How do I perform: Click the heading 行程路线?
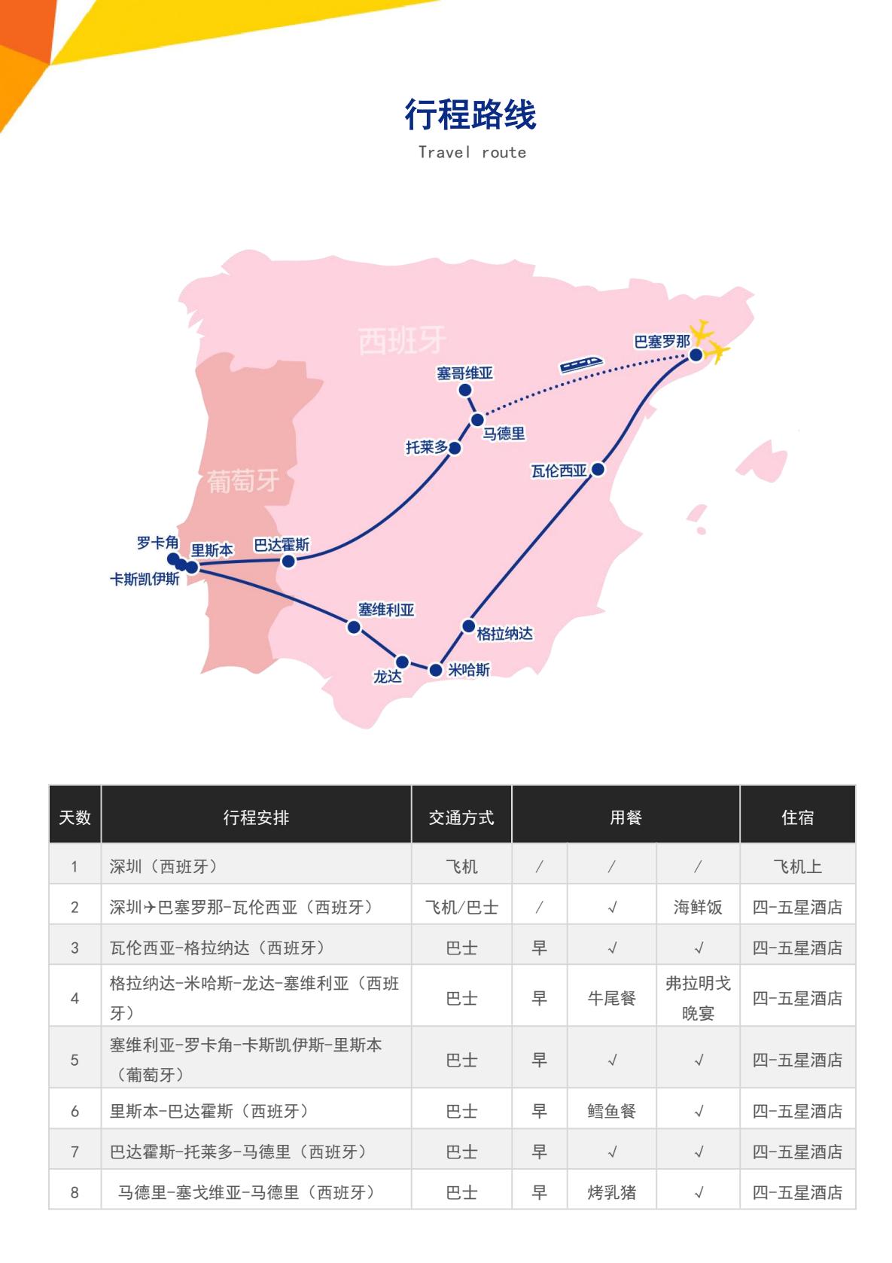(470, 115)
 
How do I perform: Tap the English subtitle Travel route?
(472, 153)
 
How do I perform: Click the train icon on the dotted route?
(581, 364)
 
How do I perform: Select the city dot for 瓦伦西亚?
(598, 470)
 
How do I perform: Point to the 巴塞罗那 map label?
(662, 342)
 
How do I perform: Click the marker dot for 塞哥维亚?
(465, 390)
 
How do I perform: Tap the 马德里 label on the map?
(504, 434)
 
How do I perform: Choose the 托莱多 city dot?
(455, 449)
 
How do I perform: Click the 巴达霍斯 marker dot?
(288, 561)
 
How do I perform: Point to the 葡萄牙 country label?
(242, 481)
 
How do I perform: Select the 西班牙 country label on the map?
(401, 340)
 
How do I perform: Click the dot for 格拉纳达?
(468, 626)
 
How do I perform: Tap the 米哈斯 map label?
(469, 670)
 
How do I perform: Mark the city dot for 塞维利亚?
(354, 627)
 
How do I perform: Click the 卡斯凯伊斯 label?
(145, 580)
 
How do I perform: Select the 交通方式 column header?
(461, 817)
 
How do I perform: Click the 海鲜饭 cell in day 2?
(698, 908)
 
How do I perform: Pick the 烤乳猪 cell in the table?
(612, 1192)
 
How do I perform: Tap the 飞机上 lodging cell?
(797, 867)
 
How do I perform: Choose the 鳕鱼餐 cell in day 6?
(612, 1111)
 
